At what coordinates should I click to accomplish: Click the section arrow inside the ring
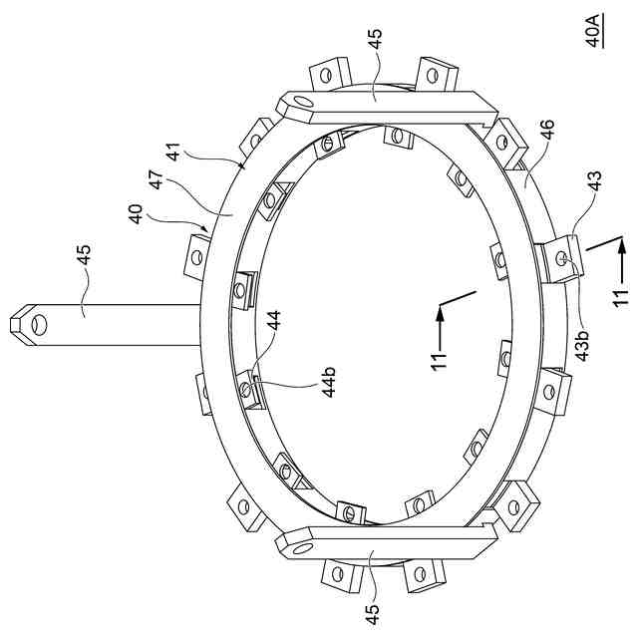coord(439,309)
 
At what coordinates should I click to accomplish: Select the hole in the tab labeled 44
coord(246,388)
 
